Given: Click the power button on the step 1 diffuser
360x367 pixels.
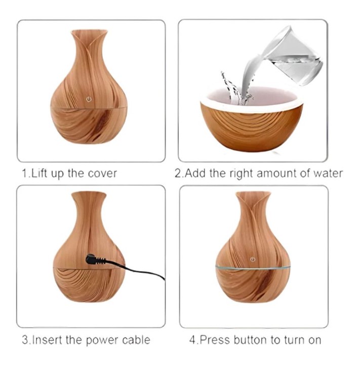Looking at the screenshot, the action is (89, 99).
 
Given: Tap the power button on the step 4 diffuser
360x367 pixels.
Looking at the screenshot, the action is (252, 259).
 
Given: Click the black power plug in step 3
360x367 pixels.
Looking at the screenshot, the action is (96, 259).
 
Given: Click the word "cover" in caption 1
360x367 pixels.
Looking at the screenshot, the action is (102, 174).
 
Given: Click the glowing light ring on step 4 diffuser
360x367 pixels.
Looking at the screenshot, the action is (253, 268).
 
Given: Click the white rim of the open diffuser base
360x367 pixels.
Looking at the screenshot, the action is (252, 104).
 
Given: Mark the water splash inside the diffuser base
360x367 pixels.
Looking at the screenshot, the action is (236, 89).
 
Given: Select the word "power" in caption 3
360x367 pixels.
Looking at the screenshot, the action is (101, 340).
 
